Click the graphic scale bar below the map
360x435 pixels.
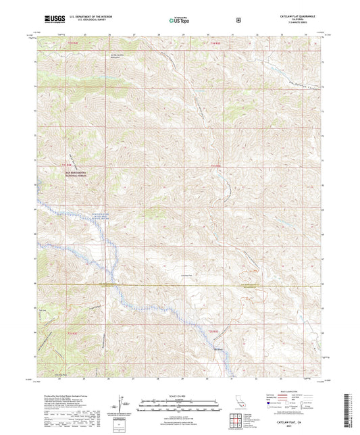tap(179, 404)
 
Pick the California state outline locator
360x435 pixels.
tap(243, 405)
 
